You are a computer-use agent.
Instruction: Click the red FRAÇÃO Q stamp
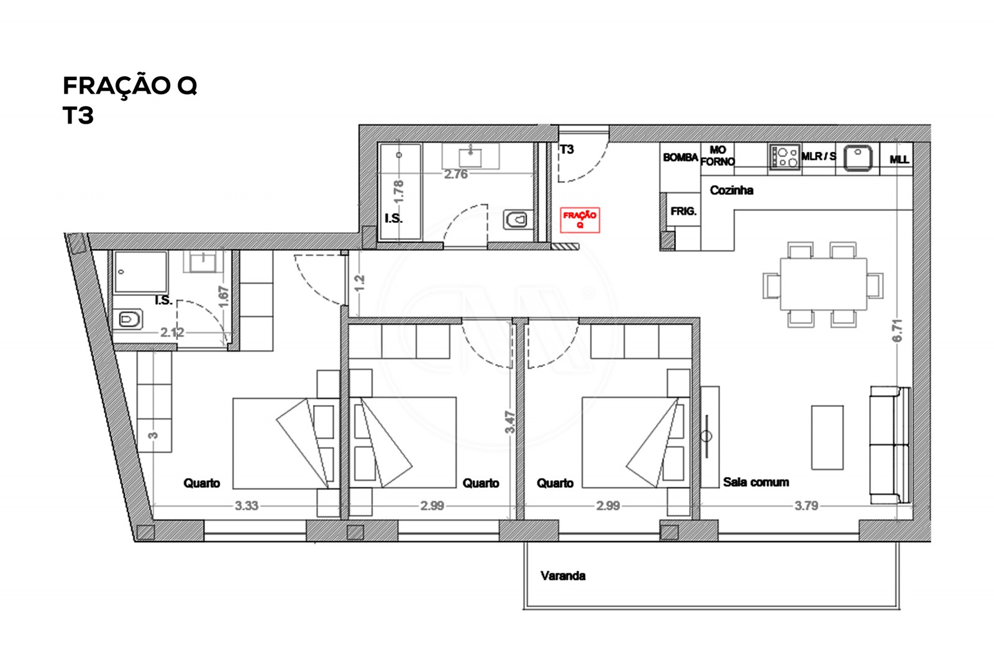580,220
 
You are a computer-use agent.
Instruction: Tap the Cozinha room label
731,191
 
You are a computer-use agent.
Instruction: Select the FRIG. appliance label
683,212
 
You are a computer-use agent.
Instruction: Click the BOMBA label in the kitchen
680,158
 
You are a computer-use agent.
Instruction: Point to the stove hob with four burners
785,156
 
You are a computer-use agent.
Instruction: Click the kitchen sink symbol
857,156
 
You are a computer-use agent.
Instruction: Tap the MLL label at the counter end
899,159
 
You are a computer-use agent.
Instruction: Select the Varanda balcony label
563,576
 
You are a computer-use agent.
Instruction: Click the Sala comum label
755,482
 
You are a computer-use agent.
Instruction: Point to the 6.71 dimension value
896,331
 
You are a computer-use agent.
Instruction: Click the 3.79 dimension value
806,506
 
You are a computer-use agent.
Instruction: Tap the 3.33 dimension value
246,506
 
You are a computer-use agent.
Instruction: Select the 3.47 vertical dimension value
510,422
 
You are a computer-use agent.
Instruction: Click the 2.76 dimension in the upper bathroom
455,174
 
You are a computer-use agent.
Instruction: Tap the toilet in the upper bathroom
516,219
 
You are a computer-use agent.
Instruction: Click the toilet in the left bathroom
129,320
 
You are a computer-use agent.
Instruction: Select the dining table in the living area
823,284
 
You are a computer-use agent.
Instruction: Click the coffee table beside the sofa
827,437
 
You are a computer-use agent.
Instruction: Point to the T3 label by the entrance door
567,150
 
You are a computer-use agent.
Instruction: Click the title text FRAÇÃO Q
130,85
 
